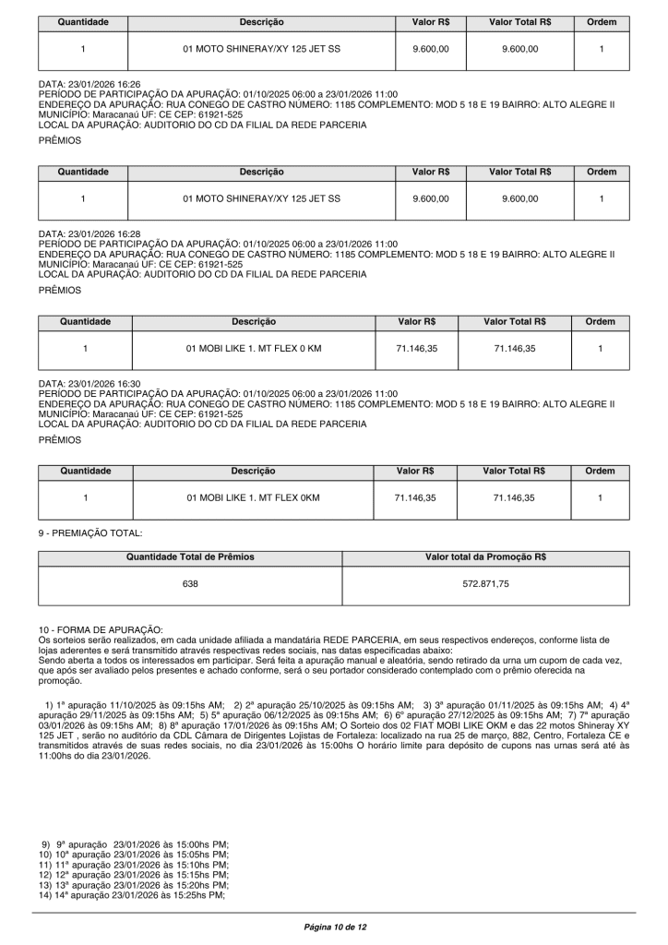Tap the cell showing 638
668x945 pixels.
(x=190, y=584)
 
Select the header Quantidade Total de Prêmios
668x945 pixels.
(x=190, y=557)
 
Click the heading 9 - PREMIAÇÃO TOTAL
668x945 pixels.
(x=90, y=532)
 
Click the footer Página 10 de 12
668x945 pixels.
(x=335, y=925)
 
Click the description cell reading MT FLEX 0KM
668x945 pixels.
(x=253, y=497)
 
